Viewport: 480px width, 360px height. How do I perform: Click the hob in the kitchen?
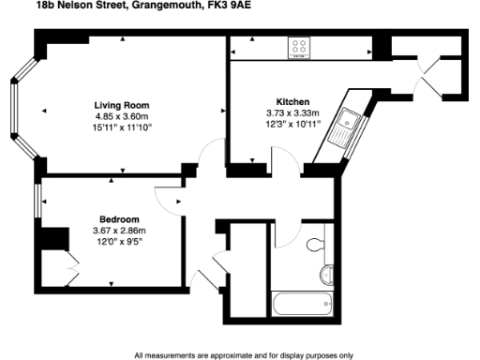tap(301, 46)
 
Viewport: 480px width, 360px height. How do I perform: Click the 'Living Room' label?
tap(122, 104)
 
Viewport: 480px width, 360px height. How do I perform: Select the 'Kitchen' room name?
tap(292, 101)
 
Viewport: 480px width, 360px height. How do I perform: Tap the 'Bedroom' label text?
tap(119, 219)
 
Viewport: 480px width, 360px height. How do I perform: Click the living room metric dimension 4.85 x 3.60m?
tap(122, 115)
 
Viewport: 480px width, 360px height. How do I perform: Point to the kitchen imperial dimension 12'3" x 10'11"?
tap(292, 124)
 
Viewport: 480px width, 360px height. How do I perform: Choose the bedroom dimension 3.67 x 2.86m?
tap(119, 231)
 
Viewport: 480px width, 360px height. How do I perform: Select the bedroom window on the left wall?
tap(37, 201)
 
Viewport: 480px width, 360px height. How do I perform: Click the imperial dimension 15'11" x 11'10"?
tap(122, 127)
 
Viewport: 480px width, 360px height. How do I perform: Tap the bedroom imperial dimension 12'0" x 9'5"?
tap(119, 242)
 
